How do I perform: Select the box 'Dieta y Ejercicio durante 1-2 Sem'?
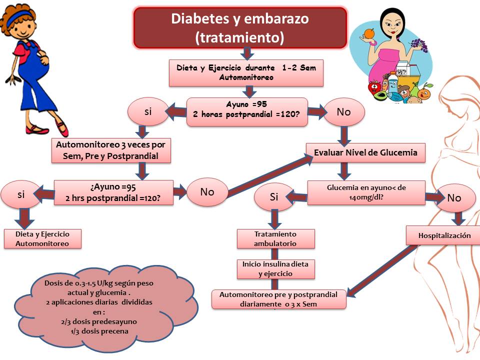246,72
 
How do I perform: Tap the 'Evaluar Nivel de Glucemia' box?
365,152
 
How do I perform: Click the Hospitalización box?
444,235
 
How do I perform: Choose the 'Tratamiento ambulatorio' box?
275,238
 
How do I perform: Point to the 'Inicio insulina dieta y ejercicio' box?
275,268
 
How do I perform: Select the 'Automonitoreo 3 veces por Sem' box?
110,150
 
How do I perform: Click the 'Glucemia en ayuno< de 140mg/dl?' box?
366,192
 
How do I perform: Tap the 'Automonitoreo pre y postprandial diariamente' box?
278,299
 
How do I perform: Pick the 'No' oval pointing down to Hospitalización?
454,198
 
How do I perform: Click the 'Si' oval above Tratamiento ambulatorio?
273,197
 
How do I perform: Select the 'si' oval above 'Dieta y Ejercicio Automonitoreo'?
20,195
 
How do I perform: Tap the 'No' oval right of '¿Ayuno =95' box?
207,191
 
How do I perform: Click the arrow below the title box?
247,53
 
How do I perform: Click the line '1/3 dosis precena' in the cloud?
98,330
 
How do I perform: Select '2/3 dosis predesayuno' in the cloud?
98,321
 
